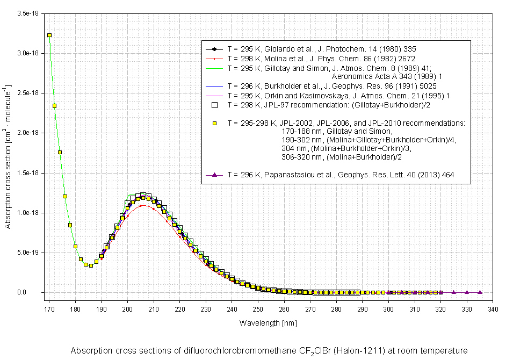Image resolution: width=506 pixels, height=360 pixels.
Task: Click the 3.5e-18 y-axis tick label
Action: [27, 13]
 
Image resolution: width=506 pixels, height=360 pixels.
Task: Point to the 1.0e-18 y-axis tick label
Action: [27, 213]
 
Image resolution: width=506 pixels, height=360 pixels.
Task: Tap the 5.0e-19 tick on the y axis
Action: [27, 253]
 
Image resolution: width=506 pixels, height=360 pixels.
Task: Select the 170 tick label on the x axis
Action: [49, 309]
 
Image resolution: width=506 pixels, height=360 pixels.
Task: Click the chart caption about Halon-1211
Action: [269, 351]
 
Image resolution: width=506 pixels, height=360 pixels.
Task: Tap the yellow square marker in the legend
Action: [214, 123]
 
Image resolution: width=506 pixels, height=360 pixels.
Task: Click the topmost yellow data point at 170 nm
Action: [49, 35]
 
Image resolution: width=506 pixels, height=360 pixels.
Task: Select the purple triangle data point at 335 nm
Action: [480, 292]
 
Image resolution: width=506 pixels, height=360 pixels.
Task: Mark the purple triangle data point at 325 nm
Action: [454, 292]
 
